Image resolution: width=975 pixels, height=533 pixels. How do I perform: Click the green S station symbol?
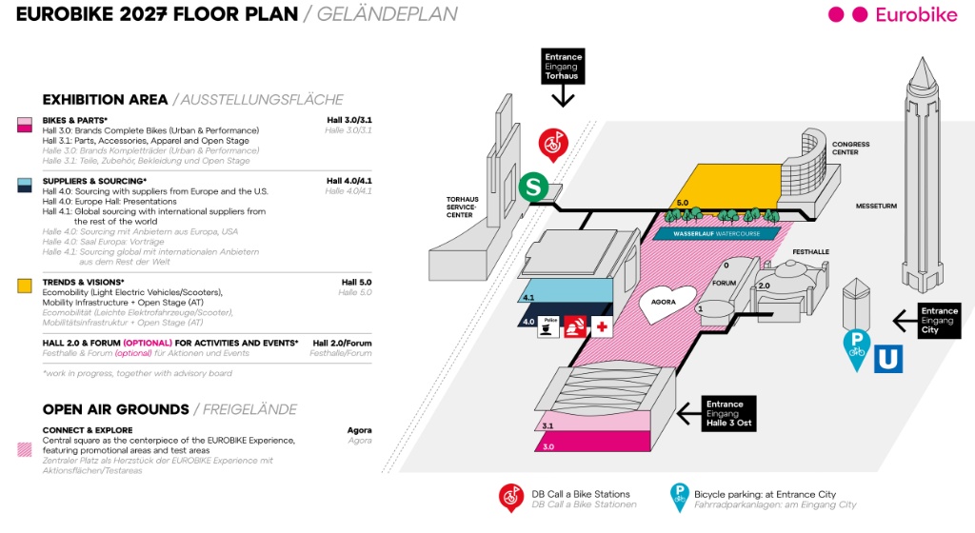(533, 187)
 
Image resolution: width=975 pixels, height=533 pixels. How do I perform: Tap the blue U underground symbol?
(888, 359)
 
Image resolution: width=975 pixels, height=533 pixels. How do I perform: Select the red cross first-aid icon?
(602, 326)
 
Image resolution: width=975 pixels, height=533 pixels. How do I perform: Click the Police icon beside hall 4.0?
(548, 326)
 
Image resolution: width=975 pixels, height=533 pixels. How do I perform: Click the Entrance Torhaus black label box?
(563, 67)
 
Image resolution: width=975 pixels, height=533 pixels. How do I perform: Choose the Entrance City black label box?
(939, 321)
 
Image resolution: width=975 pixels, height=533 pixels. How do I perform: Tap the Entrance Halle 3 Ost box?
(728, 413)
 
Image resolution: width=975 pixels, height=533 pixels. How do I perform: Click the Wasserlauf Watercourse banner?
(716, 233)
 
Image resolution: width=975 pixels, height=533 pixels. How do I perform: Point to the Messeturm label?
(876, 206)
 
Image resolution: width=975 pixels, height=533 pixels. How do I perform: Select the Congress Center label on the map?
(850, 148)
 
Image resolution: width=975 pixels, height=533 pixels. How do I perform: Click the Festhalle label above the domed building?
(811, 251)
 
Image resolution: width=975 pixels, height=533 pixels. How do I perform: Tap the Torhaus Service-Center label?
(461, 207)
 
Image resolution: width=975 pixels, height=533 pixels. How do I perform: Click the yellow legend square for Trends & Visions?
(24, 286)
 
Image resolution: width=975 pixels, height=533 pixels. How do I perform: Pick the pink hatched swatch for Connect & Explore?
(24, 450)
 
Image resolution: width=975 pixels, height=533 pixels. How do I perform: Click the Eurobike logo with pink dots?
(893, 15)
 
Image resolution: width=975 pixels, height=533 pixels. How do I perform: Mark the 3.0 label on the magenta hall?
(547, 446)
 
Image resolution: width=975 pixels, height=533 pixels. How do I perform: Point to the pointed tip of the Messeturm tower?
(922, 58)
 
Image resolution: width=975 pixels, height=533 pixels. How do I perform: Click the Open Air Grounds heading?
(115, 409)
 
